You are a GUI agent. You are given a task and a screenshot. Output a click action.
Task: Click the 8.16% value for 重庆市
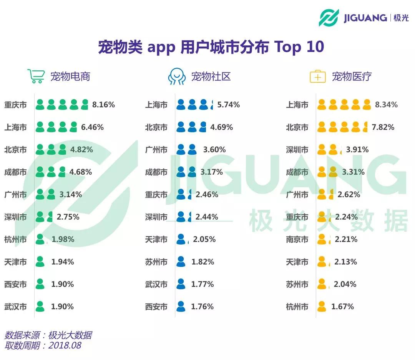click(x=103, y=105)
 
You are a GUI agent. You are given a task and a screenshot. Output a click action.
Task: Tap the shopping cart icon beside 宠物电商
click(x=36, y=76)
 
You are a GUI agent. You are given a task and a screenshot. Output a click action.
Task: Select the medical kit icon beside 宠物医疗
click(x=317, y=77)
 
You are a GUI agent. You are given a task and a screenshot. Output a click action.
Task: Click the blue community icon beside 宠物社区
click(x=177, y=76)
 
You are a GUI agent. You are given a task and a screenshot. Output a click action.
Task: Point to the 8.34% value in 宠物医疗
click(x=386, y=105)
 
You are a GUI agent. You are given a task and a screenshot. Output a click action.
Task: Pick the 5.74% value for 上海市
click(x=228, y=105)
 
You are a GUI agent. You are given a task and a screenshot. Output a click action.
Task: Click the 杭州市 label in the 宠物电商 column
click(x=15, y=239)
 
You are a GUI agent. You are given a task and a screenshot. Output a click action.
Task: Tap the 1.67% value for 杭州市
click(x=343, y=307)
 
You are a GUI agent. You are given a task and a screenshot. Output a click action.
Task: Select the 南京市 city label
click(x=297, y=239)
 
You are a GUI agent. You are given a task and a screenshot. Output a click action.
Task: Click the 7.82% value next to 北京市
click(x=383, y=127)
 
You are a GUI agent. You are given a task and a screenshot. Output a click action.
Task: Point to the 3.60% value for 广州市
click(x=214, y=150)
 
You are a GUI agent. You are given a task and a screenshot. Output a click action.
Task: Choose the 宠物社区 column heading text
click(x=211, y=77)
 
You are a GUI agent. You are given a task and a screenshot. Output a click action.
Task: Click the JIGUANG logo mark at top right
click(x=329, y=18)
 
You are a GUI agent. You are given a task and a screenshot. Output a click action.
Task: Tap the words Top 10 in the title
click(x=299, y=47)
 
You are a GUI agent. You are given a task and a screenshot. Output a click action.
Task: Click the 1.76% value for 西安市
click(x=203, y=307)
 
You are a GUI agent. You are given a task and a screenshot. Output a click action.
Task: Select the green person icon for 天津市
click(x=40, y=262)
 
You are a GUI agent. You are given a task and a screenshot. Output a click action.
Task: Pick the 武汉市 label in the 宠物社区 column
click(x=156, y=284)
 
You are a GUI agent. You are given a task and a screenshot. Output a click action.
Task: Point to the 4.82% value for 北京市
click(x=81, y=150)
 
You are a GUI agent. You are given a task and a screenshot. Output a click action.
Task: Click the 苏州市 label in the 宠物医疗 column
click(x=297, y=284)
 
